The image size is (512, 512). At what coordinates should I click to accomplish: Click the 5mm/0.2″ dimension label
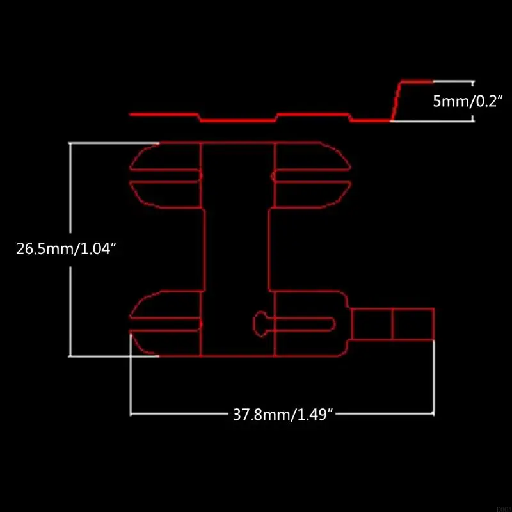[469, 101]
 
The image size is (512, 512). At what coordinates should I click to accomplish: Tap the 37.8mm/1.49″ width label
[284, 414]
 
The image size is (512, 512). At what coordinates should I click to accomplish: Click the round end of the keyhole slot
[260, 322]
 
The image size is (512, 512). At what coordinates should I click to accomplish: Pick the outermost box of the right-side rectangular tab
[413, 324]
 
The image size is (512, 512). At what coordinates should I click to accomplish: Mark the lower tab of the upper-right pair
[312, 192]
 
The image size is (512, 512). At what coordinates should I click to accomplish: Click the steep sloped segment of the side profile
[396, 100]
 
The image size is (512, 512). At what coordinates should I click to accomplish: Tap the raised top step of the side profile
[417, 81]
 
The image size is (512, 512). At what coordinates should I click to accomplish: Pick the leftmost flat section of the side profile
[163, 115]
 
